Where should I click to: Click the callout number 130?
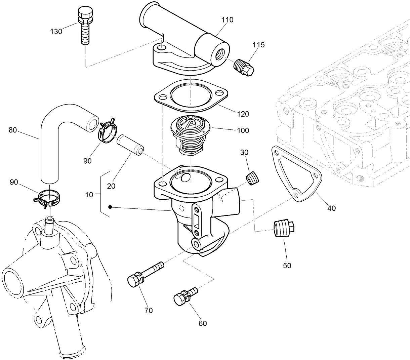click(x=56, y=32)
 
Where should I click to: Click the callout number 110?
click(x=227, y=20)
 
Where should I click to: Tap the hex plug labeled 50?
click(x=283, y=229)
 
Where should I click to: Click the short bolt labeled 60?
click(x=184, y=296)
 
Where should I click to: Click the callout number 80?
click(x=13, y=130)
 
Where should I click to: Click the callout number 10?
click(x=89, y=195)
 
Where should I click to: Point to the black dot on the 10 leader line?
click(x=110, y=207)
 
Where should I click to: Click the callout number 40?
click(x=331, y=208)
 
